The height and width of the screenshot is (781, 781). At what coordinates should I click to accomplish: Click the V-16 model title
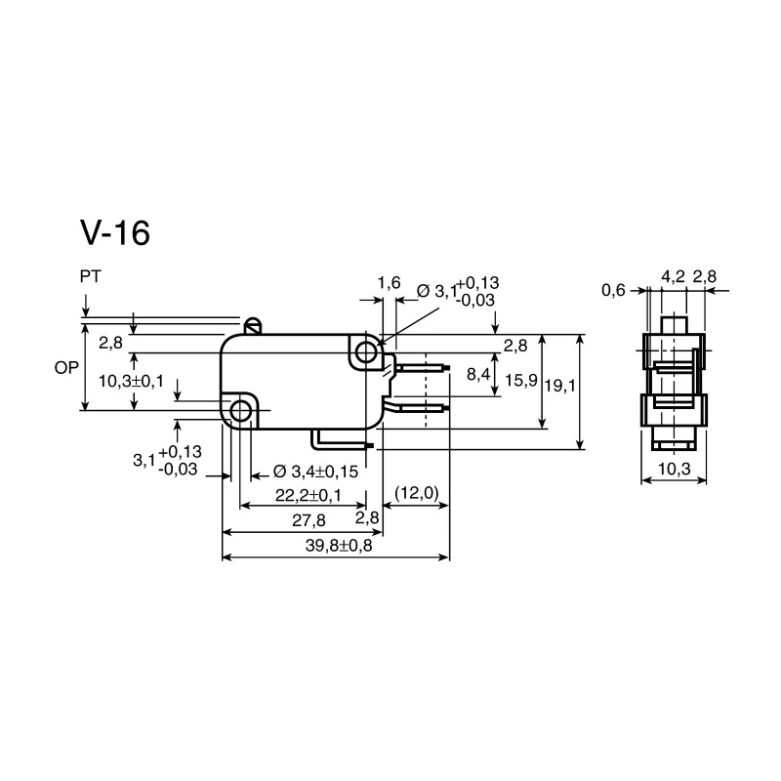pyautogui.click(x=115, y=232)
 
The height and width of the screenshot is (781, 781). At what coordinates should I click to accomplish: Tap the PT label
pyautogui.click(x=90, y=276)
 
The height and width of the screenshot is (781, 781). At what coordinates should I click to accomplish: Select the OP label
pyautogui.click(x=66, y=368)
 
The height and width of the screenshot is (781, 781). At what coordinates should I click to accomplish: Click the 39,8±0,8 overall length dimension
pyautogui.click(x=339, y=546)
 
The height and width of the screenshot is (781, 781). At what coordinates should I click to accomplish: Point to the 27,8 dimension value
pyautogui.click(x=308, y=520)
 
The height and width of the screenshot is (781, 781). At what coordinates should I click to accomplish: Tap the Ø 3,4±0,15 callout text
pyautogui.click(x=315, y=472)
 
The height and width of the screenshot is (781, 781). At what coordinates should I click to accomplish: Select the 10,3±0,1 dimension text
pyautogui.click(x=131, y=382)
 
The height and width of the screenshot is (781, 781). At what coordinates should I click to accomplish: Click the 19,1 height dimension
pyautogui.click(x=560, y=386)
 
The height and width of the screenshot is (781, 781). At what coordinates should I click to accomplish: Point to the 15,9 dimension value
pyautogui.click(x=521, y=381)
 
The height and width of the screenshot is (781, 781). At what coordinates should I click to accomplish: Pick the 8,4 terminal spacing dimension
pyautogui.click(x=478, y=374)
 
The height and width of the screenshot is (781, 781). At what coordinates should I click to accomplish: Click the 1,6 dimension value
pyautogui.click(x=389, y=283)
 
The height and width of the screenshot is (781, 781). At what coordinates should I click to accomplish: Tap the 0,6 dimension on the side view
pyautogui.click(x=613, y=290)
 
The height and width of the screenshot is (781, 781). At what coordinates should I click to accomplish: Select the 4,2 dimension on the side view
pyautogui.click(x=674, y=276)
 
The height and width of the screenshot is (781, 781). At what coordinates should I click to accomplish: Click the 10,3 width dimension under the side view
pyautogui.click(x=675, y=469)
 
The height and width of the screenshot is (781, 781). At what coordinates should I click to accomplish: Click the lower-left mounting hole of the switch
pyautogui.click(x=241, y=411)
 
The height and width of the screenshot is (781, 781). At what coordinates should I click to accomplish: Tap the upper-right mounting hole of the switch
pyautogui.click(x=367, y=352)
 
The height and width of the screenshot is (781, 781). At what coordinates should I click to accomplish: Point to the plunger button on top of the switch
pyautogui.click(x=254, y=326)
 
